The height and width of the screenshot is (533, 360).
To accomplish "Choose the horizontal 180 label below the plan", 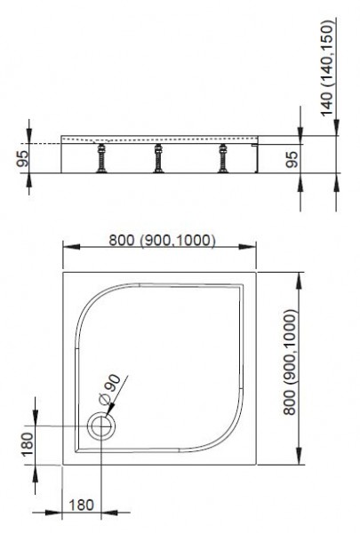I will pos(82,505).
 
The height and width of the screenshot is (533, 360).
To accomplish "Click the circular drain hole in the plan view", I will pos(101,427).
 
